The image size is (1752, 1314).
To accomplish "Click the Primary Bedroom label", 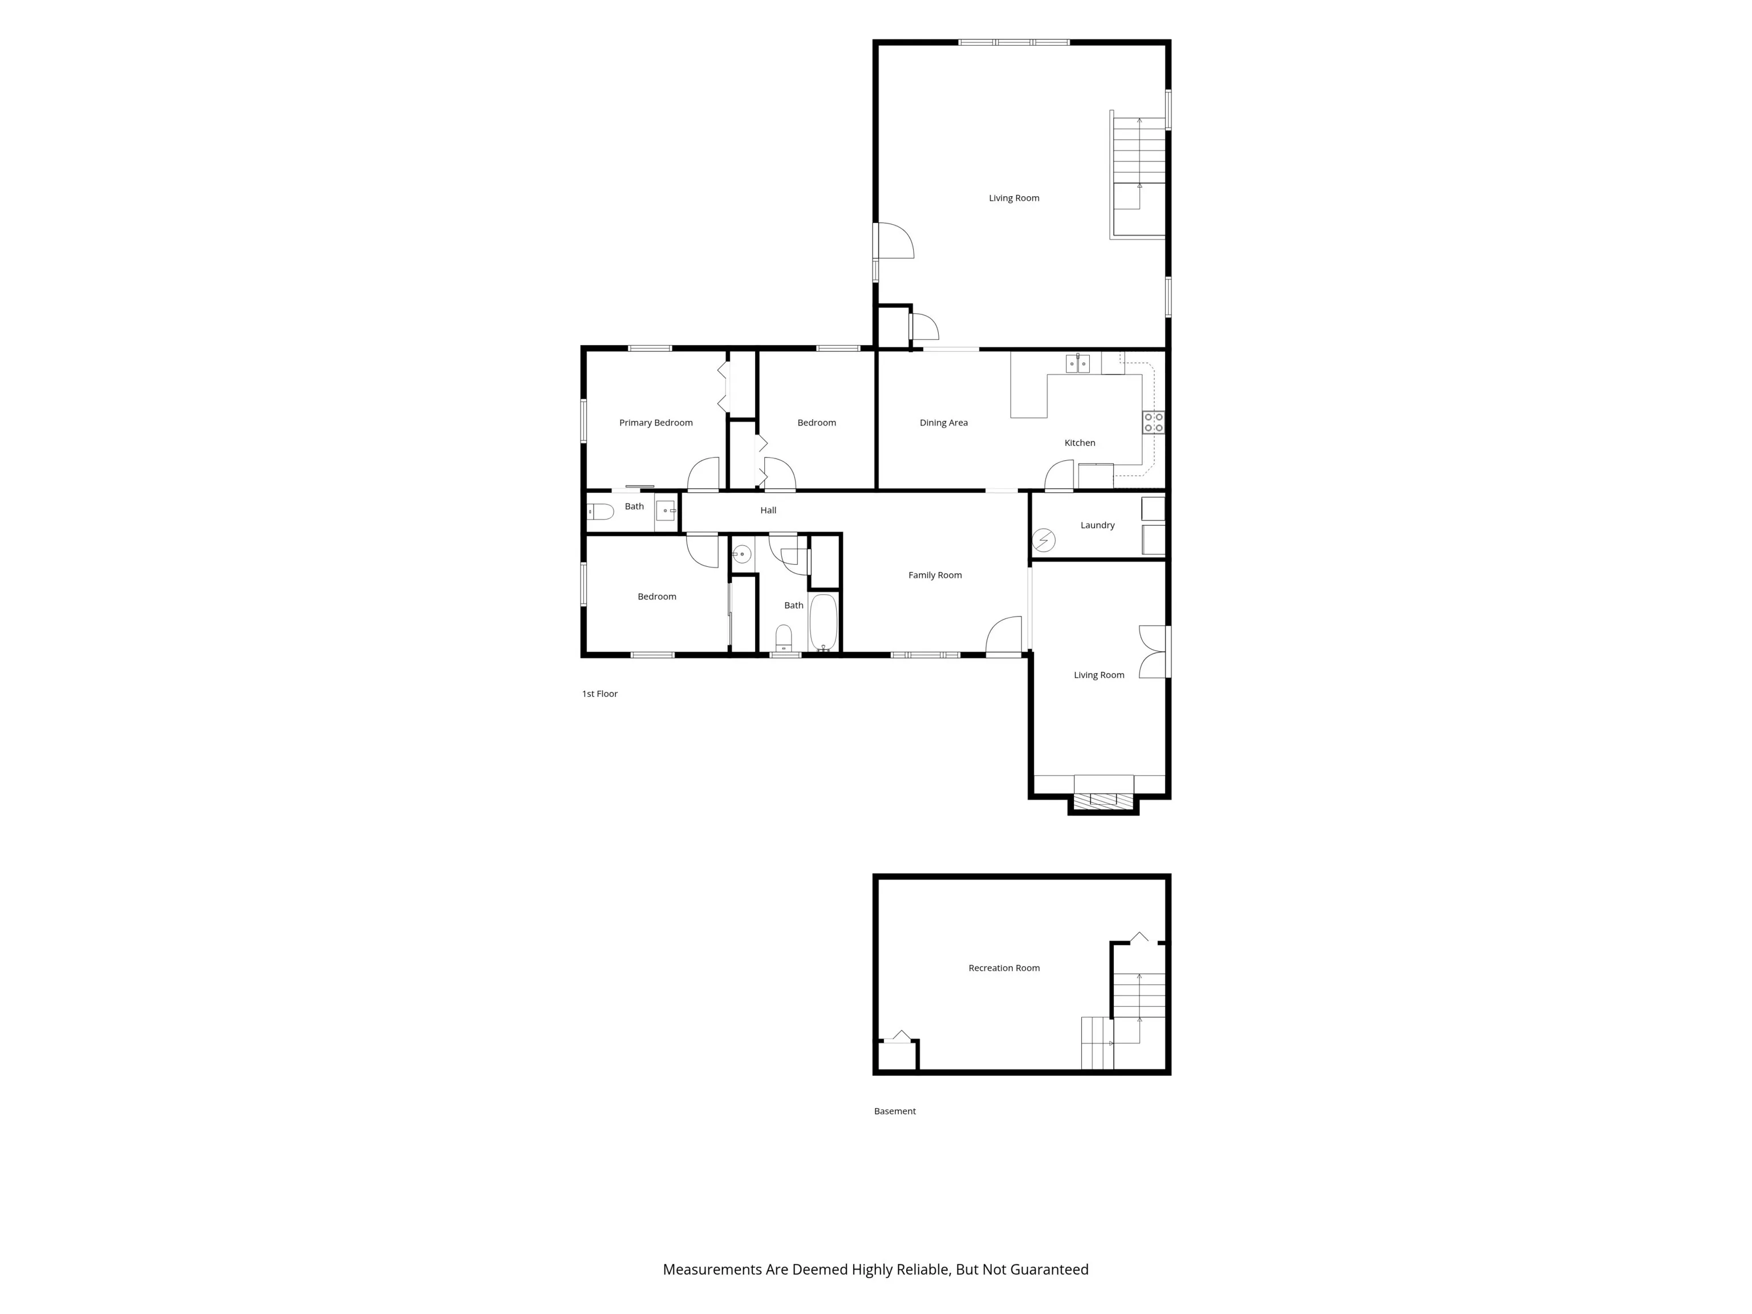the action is pos(656,423).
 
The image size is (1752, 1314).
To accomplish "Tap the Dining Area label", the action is pos(943,423).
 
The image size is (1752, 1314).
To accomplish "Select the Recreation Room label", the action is pos(1004,968).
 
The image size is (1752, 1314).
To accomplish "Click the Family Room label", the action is pos(935,575).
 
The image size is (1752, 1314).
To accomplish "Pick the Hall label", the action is pos(768,510).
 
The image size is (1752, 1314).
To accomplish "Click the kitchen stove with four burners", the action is pos(1153,422).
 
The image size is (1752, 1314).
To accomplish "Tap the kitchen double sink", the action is pos(1077,363).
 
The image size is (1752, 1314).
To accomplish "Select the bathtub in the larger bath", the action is pos(823,623).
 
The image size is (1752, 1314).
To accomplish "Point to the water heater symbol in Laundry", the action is pos(1044,541).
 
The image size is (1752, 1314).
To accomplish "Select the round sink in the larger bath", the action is pos(741,554).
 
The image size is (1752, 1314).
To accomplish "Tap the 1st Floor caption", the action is pos(599,694).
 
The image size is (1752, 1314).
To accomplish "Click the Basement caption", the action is pos(895,1111).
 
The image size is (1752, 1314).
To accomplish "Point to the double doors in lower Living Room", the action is pos(1153,652).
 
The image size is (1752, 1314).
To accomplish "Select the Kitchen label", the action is pos(1080,443).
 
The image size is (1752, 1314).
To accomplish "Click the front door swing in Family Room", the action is pos(1004,635).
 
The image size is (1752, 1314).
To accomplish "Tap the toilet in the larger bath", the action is pos(784,638).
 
